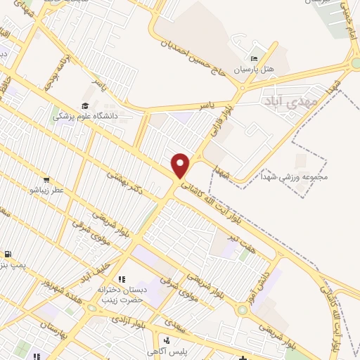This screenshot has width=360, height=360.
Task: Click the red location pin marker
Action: [x=181, y=165]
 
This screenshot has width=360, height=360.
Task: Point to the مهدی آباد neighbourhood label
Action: [x=290, y=103]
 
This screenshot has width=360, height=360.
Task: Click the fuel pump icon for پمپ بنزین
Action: [x=8, y=255]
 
